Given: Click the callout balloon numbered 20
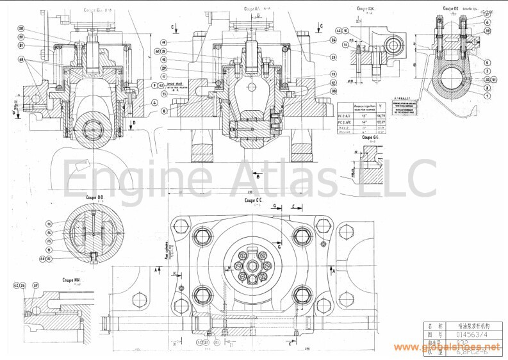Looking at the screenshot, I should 20,29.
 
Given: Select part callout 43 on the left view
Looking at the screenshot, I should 20,60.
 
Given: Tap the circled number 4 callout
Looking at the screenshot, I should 154,102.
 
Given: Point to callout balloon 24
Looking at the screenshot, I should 334,40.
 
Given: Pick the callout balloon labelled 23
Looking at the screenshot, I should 334,57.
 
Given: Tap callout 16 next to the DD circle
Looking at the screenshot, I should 47,224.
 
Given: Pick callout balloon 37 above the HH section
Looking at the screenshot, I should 37,286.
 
